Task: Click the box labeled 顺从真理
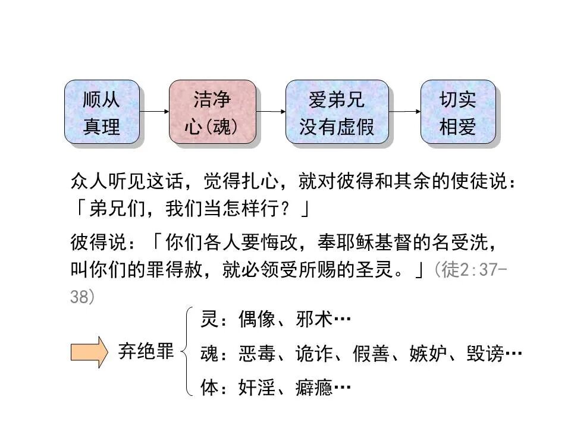[102, 112]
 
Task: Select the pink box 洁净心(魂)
[212, 112]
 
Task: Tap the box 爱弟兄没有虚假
[337, 112]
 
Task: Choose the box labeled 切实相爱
[458, 112]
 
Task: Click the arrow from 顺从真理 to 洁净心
[154, 111]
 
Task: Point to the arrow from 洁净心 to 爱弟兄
[271, 111]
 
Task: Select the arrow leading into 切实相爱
[404, 111]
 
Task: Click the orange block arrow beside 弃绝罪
[89, 353]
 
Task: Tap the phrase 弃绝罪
[146, 353]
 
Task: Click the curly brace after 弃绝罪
[189, 352]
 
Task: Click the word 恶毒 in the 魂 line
[257, 354]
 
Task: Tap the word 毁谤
[485, 354]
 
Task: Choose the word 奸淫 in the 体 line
[257, 388]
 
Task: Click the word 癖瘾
[313, 388]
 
